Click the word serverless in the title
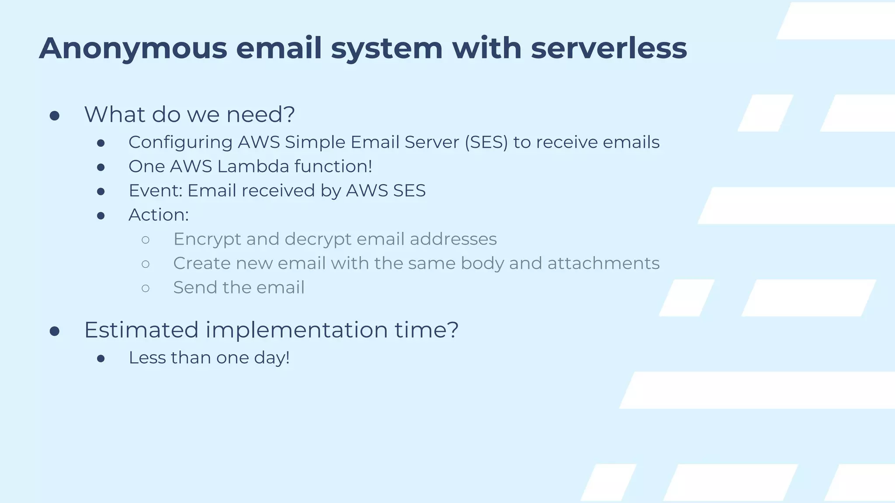(x=609, y=48)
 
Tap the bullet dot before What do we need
(x=55, y=116)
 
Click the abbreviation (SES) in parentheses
(x=486, y=143)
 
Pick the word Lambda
(x=253, y=166)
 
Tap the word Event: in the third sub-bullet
(x=155, y=191)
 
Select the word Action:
(x=159, y=215)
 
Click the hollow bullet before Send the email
(x=146, y=288)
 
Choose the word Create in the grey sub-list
(x=201, y=263)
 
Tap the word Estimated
(x=141, y=330)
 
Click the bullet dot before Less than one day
(x=101, y=358)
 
